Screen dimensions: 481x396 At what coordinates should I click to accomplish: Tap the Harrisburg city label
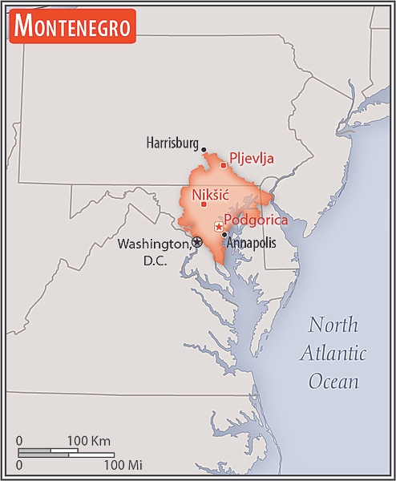click(x=172, y=143)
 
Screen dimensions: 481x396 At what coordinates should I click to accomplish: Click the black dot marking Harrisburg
click(x=204, y=149)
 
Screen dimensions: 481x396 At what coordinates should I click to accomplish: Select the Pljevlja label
click(x=252, y=158)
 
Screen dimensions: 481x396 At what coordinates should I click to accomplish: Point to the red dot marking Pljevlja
click(x=223, y=165)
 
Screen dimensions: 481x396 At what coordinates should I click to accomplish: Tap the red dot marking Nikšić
click(x=204, y=204)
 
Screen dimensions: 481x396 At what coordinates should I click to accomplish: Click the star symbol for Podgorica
click(x=218, y=228)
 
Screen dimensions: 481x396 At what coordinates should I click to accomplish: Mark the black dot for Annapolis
click(x=224, y=235)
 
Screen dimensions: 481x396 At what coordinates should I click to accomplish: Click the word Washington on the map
click(x=154, y=244)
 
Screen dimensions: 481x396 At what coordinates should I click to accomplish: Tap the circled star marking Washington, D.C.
click(x=197, y=242)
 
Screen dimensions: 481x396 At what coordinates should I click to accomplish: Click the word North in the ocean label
click(x=333, y=325)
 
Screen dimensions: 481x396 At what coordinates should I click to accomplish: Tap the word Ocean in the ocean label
click(x=333, y=381)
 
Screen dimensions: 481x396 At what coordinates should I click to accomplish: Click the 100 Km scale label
click(x=88, y=440)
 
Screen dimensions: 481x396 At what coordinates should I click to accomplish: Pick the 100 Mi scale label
click(x=123, y=464)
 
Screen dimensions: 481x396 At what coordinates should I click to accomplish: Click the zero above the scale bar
click(x=19, y=440)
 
